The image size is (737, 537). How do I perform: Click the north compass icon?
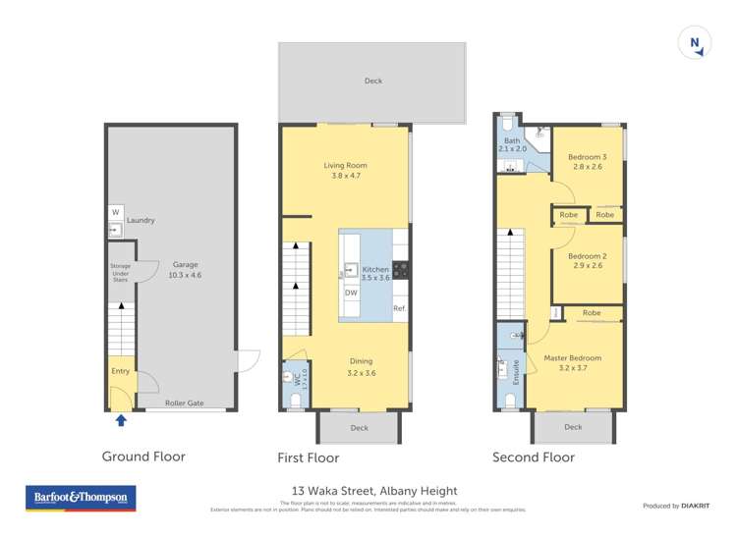tap(695, 43)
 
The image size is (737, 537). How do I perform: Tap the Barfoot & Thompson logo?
tap(81, 498)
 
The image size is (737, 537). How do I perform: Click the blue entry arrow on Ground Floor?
tap(121, 421)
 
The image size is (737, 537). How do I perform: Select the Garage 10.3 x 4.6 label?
tap(186, 270)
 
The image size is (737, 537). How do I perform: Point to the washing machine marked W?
tap(115, 213)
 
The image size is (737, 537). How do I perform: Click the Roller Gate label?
tap(184, 403)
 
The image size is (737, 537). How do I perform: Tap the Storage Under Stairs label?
tap(120, 272)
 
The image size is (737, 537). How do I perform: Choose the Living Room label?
tap(345, 170)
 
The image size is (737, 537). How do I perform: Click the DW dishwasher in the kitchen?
tap(351, 293)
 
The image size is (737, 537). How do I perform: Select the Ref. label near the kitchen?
tap(399, 309)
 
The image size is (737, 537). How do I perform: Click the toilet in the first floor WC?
tap(295, 398)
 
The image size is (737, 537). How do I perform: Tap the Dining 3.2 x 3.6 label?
tap(362, 367)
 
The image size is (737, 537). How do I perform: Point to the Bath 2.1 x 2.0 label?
tap(514, 144)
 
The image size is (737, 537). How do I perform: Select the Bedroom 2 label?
tap(586, 260)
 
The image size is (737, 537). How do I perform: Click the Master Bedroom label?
tap(572, 363)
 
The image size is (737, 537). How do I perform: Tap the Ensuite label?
tap(515, 370)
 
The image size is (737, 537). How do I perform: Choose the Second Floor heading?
tap(535, 456)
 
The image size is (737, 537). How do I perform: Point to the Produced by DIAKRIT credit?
tap(676, 506)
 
